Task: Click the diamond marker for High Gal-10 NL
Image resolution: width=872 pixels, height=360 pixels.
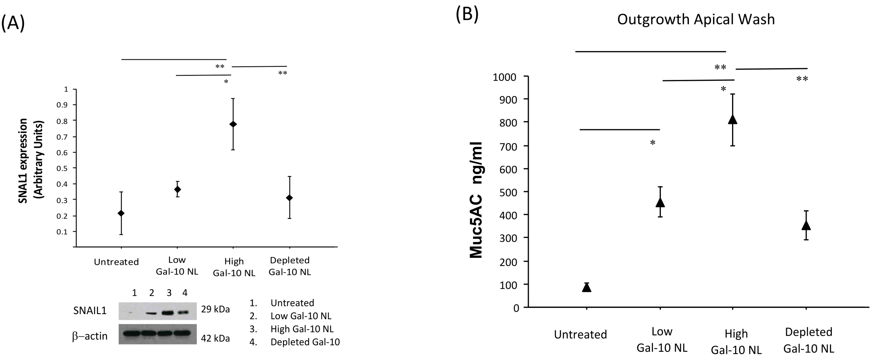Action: (x=233, y=124)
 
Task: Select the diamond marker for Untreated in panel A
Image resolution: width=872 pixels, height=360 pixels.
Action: (x=121, y=213)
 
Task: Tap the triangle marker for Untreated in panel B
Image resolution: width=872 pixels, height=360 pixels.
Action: (x=587, y=287)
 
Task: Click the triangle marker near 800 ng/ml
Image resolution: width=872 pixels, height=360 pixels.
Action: (x=733, y=120)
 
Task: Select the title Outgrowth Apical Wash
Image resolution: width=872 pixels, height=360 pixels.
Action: (x=696, y=19)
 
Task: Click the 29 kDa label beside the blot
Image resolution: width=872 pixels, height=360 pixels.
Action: (x=215, y=309)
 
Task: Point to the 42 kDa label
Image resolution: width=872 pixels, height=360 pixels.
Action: (x=215, y=338)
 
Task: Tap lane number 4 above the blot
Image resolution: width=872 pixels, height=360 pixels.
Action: (x=185, y=293)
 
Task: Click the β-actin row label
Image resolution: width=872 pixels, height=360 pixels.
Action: (x=90, y=336)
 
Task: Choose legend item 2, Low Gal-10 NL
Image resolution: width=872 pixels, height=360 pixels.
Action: (x=301, y=316)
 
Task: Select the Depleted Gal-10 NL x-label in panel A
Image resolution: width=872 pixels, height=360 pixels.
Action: (x=290, y=266)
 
